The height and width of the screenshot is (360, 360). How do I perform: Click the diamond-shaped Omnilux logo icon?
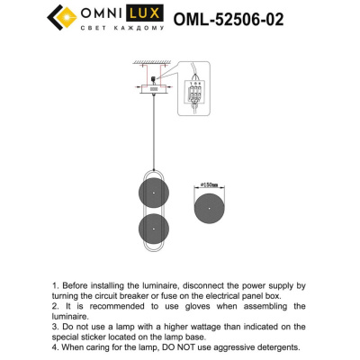[x=64, y=17]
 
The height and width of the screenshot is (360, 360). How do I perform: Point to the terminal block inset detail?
[x=192, y=92]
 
